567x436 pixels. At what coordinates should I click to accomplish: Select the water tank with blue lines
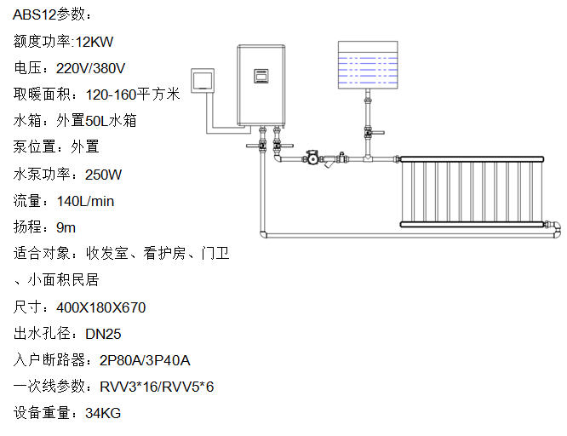click(369, 65)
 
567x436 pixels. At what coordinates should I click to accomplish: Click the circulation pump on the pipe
click(313, 158)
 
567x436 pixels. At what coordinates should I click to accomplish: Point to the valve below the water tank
click(368, 133)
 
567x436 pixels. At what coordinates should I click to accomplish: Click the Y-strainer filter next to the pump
click(341, 159)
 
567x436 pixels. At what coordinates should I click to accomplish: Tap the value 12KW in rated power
click(94, 42)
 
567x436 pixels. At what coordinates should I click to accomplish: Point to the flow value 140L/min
click(86, 201)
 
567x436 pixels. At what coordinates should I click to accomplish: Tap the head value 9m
click(66, 227)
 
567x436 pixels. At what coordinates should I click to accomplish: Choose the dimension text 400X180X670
click(100, 307)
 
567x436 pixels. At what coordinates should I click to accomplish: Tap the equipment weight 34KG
click(103, 413)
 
